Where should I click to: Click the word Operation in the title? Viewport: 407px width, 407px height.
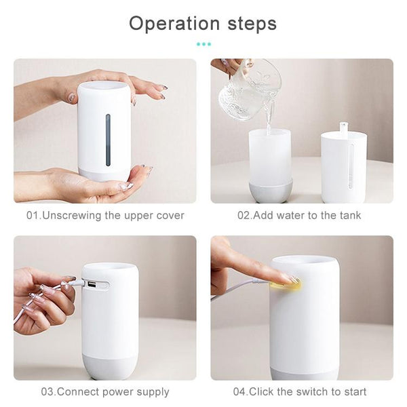[x=174, y=24]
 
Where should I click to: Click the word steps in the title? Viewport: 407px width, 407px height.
[x=252, y=24]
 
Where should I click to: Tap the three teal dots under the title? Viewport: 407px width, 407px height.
[x=203, y=44]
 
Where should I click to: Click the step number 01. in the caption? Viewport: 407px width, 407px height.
[x=34, y=216]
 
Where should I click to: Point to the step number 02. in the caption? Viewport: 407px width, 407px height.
[x=246, y=216]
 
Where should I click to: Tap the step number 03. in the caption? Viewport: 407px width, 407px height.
[x=49, y=391]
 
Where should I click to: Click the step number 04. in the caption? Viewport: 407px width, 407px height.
[x=241, y=391]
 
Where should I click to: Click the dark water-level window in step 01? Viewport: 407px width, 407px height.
[x=108, y=140]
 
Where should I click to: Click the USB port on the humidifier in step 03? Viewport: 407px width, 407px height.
[x=91, y=284]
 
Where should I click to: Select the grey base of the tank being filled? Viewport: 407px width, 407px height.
[x=271, y=191]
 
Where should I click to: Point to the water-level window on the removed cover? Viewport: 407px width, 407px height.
[x=351, y=166]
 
